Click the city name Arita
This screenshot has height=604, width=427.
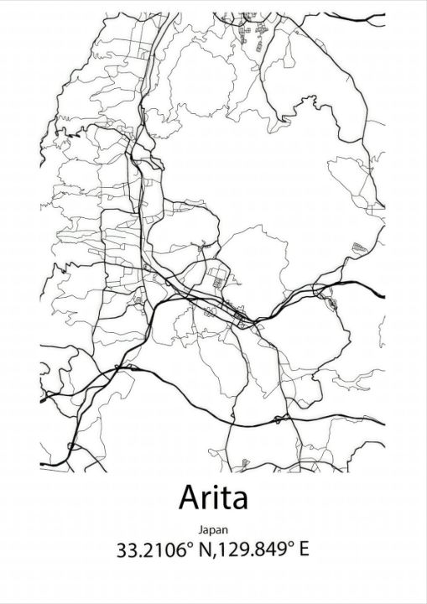tap(213, 498)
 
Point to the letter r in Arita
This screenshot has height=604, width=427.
tap(208, 501)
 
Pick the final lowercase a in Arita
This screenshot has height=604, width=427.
tap(240, 502)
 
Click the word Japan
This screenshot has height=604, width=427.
tap(213, 530)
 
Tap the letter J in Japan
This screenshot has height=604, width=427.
tap(202, 530)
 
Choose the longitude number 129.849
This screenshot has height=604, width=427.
tap(236, 550)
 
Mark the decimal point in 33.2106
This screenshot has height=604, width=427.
tap(138, 556)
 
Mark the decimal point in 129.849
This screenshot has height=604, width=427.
tap(237, 556)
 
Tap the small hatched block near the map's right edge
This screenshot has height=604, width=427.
tap(360, 247)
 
